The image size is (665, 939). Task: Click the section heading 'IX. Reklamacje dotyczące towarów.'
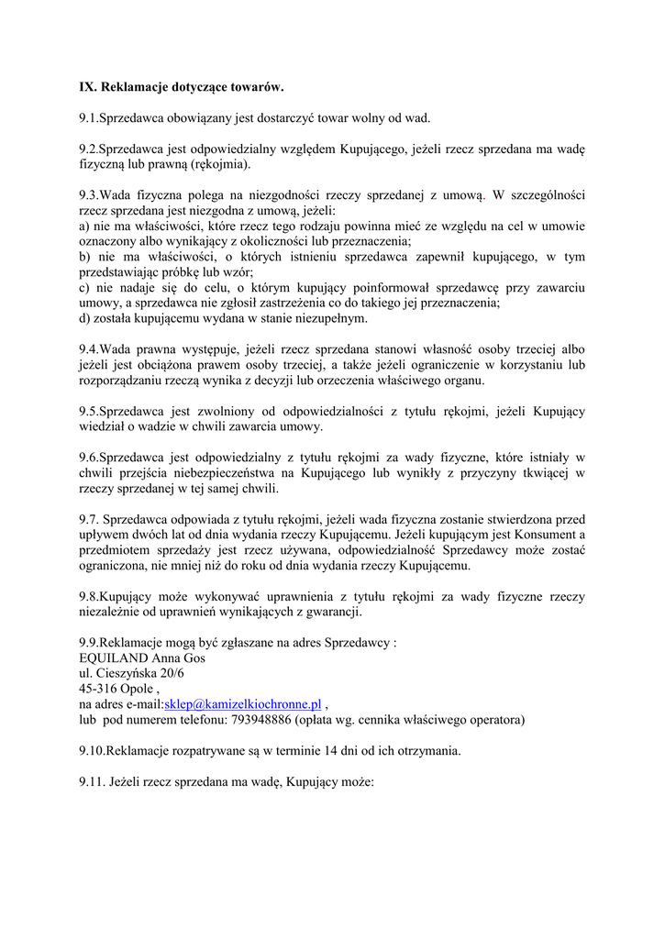(x=182, y=87)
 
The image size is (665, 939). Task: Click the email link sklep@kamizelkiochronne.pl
(x=242, y=703)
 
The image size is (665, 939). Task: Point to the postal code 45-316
(x=98, y=688)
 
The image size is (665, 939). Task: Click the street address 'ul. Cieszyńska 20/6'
(x=131, y=673)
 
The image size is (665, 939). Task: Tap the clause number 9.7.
(x=89, y=518)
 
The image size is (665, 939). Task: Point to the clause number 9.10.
(x=92, y=751)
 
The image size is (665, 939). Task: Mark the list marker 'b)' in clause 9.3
(x=85, y=256)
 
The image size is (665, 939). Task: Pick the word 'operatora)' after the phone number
(x=494, y=721)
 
